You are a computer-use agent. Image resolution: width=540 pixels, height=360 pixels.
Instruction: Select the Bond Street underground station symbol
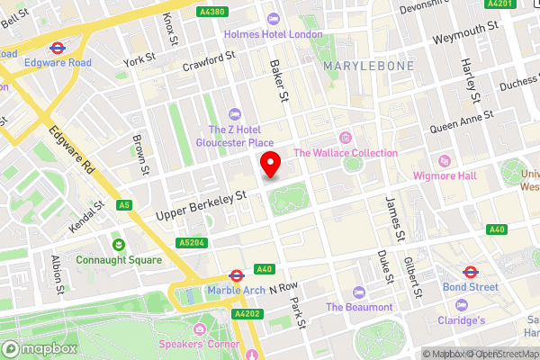(470, 271)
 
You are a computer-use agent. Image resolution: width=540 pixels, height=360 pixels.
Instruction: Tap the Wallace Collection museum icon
(346, 137)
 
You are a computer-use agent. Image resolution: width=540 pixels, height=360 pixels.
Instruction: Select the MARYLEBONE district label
(369, 66)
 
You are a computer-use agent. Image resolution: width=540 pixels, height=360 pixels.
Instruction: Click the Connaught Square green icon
(118, 244)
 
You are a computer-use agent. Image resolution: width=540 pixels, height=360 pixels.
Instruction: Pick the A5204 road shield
(191, 242)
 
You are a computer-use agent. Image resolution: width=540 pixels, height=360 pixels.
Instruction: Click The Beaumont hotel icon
(358, 292)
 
